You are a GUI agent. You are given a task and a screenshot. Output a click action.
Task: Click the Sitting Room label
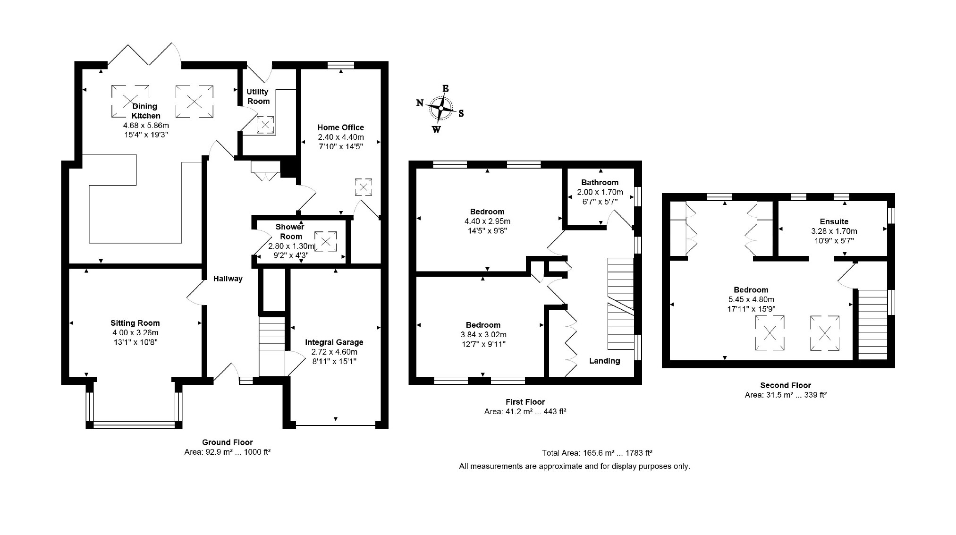point(135,323)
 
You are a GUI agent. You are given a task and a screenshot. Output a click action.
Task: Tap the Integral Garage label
point(334,342)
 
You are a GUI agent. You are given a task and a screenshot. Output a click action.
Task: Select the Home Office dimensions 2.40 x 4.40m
point(341,137)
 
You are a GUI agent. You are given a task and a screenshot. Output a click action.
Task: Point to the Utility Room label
point(258,96)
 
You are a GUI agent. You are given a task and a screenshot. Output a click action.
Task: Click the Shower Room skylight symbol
point(326,242)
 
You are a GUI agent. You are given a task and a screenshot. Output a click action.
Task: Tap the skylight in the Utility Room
point(265,125)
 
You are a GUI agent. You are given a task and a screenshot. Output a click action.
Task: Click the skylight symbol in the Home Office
point(364,187)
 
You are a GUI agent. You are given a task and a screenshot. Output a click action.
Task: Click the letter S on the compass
point(461,113)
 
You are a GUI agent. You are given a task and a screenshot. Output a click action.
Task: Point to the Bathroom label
point(600,182)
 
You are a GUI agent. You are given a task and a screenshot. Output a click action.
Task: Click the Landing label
point(605,361)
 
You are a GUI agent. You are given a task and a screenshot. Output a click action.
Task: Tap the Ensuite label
point(834,221)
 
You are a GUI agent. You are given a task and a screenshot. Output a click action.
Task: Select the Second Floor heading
point(786,385)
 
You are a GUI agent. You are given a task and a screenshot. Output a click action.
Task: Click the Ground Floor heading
point(228,442)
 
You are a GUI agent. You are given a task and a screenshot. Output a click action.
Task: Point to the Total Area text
point(597,453)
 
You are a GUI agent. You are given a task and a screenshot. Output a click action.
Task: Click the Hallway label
point(228,279)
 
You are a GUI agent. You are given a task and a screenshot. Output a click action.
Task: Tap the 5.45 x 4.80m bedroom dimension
point(751,299)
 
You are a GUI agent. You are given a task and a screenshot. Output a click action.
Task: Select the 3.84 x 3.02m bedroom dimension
point(483,334)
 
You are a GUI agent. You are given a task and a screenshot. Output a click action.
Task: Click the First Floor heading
point(525,402)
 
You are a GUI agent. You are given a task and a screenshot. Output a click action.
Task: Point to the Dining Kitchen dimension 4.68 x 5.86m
point(146,125)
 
